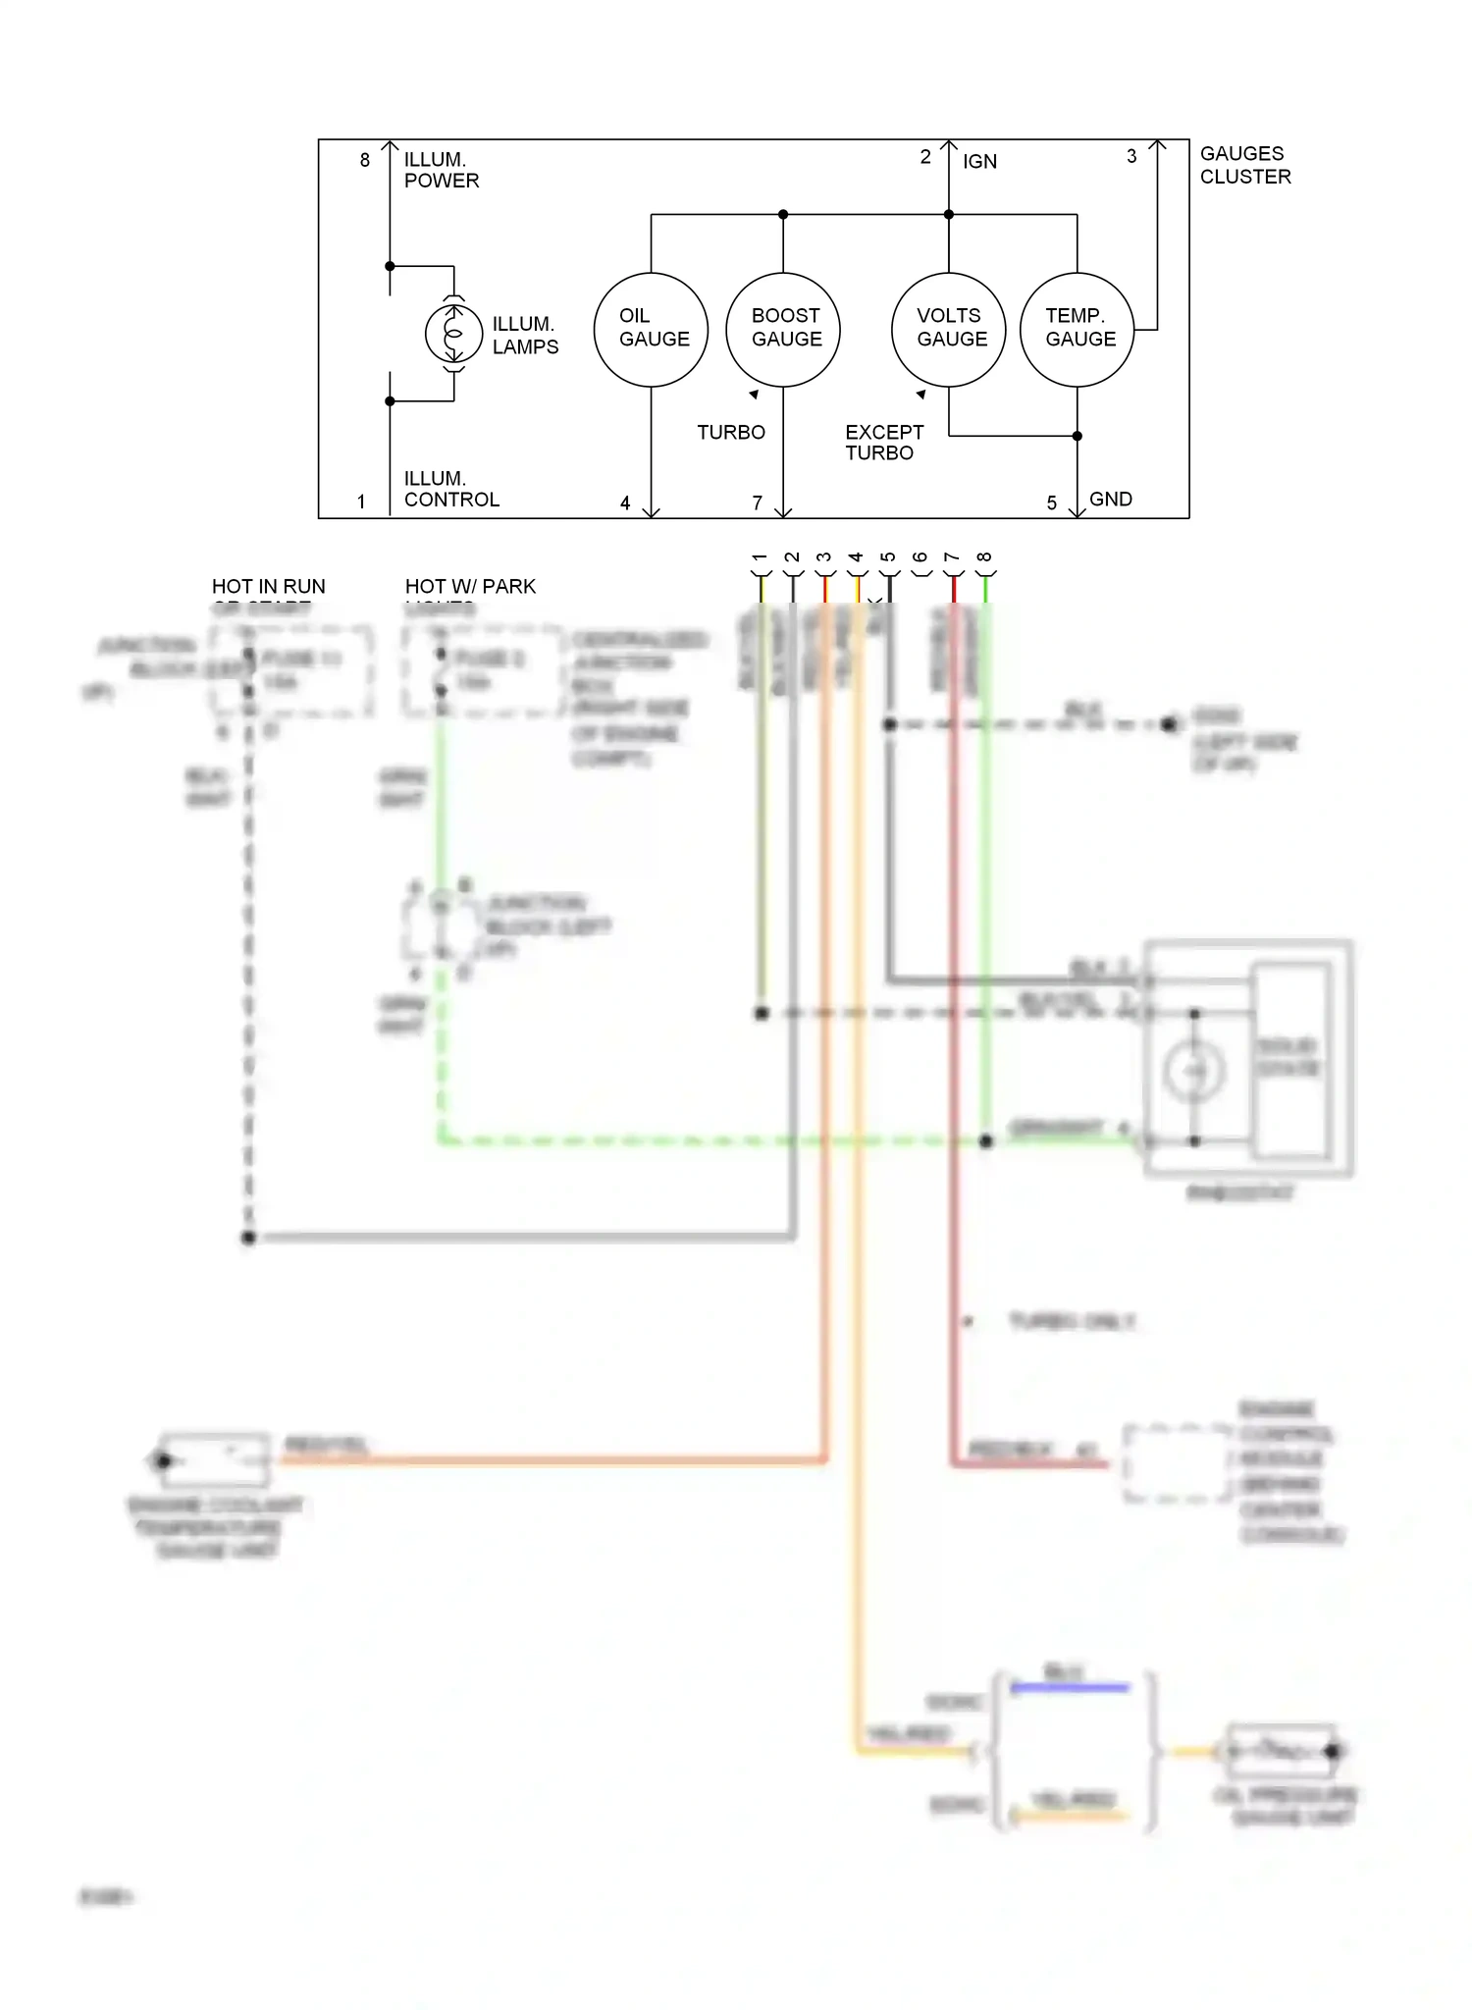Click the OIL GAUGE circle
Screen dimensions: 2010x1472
pos(651,329)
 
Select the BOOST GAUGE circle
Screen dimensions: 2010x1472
pos(783,329)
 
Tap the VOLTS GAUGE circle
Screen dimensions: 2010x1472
pos(948,329)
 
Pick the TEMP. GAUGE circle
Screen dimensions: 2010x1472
pos(1077,329)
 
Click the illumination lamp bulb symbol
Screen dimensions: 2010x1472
pos(453,334)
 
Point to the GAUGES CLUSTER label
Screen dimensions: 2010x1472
pos(1244,165)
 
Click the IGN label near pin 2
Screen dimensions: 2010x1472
pos(979,162)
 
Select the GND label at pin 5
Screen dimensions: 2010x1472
pos(1110,500)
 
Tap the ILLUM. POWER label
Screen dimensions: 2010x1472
pos(441,170)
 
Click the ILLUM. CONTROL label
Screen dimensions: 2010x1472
pos(450,489)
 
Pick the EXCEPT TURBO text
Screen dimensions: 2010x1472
pos(883,442)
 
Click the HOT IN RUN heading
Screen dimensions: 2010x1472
pos(268,587)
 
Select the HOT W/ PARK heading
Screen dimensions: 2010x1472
pos(470,587)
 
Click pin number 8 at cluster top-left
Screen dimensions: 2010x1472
pos(365,160)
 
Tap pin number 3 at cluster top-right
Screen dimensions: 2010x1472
pos(1131,156)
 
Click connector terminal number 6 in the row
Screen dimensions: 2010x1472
pos(920,558)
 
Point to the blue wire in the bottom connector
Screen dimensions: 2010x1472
pos(1070,1687)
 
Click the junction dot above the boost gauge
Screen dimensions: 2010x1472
pos(783,214)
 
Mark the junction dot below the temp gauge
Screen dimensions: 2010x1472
pos(1077,436)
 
